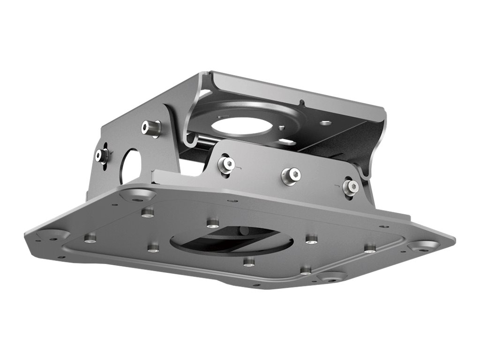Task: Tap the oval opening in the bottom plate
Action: (232, 240)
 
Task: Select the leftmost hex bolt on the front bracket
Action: (226, 164)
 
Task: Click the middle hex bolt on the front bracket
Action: (291, 175)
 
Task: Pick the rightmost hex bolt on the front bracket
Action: (351, 187)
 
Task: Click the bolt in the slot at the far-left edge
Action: (102, 155)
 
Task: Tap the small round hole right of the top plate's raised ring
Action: (326, 123)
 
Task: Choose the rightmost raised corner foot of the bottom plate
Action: (424, 246)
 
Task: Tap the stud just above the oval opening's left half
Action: (213, 222)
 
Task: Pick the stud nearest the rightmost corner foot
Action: (370, 247)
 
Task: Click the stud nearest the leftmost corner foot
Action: (90, 238)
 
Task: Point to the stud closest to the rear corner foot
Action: (148, 212)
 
